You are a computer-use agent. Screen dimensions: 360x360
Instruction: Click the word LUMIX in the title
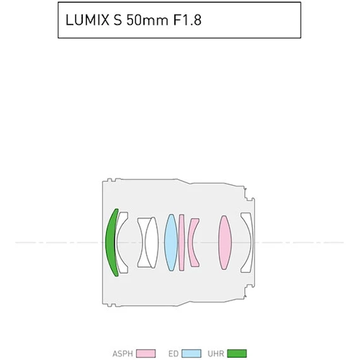88,20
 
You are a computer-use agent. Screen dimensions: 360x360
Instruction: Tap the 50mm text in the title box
147,20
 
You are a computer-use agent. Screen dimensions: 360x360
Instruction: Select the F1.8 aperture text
188,20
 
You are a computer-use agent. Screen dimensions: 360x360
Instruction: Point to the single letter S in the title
117,20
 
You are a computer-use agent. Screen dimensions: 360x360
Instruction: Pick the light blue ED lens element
171,243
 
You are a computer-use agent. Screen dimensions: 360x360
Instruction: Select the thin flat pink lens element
182,243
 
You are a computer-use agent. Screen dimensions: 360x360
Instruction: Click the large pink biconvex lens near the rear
225,243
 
